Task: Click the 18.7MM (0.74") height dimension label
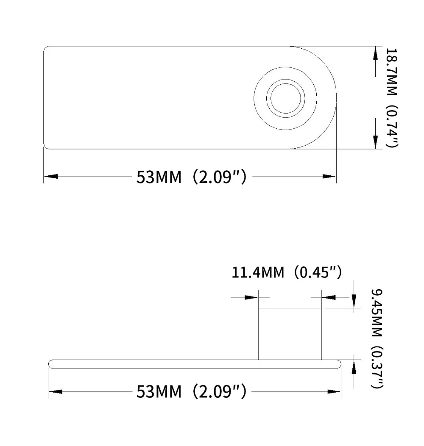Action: click(x=391, y=97)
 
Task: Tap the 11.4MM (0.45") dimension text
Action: click(x=286, y=272)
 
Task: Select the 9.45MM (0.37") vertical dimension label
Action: click(x=377, y=338)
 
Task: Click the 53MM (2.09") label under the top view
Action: click(x=191, y=177)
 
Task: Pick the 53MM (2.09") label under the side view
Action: click(x=191, y=391)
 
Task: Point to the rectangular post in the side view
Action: click(x=290, y=334)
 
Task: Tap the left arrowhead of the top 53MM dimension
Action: click(x=51, y=176)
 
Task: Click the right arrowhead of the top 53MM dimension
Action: click(x=329, y=176)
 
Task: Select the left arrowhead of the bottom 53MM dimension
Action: click(x=56, y=392)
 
